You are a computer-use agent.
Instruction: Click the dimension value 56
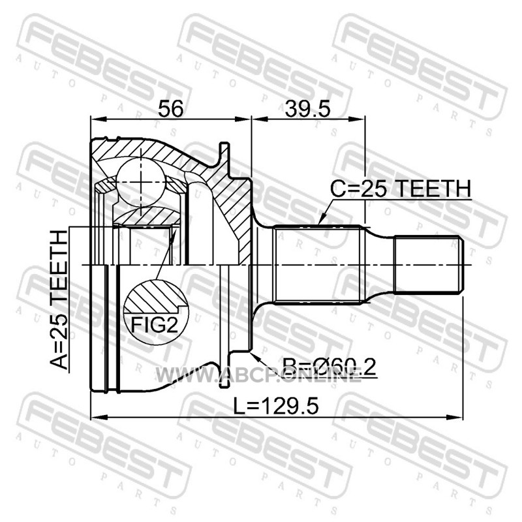(170, 108)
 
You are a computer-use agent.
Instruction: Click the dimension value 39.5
(307, 108)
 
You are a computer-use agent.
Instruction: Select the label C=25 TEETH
(401, 189)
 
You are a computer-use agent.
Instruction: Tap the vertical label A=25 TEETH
(59, 299)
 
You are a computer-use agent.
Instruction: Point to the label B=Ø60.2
(330, 367)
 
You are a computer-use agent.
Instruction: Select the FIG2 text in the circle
(155, 324)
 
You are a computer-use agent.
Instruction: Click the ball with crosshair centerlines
(141, 182)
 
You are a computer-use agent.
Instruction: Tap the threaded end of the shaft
(429, 265)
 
